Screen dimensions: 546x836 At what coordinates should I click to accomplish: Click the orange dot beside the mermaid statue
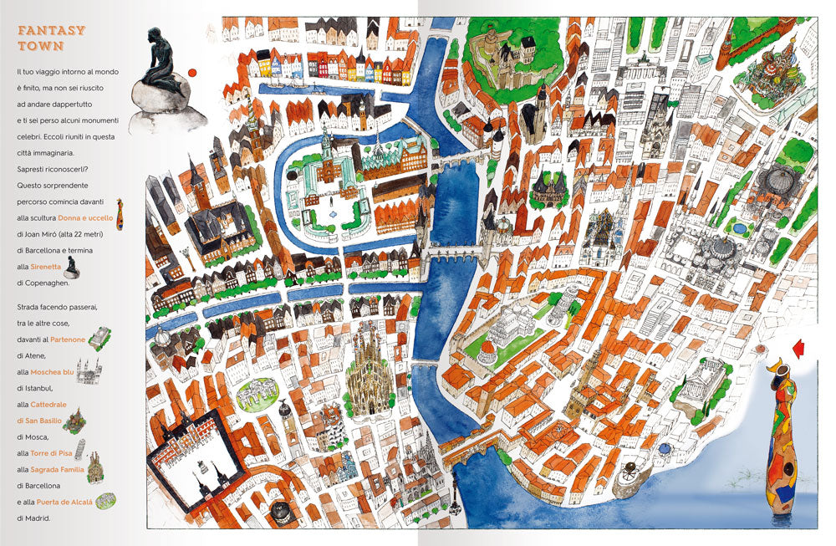click(x=193, y=73)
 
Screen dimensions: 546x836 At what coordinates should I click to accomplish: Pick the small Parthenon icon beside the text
click(x=99, y=337)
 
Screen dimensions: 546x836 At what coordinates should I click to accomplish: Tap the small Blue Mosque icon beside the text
click(x=89, y=371)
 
